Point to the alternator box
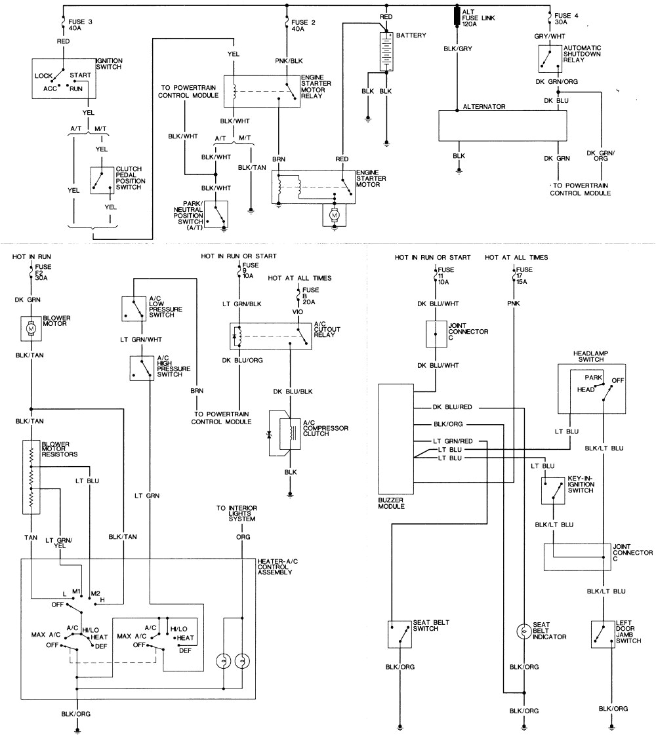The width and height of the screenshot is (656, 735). click(x=502, y=125)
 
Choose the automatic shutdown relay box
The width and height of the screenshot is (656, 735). click(x=550, y=60)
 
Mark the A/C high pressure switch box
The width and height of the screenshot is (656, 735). click(x=142, y=368)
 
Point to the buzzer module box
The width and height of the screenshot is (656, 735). click(x=396, y=439)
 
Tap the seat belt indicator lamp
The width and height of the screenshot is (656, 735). click(x=523, y=631)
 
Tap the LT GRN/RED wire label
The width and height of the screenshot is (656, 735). click(x=452, y=441)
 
